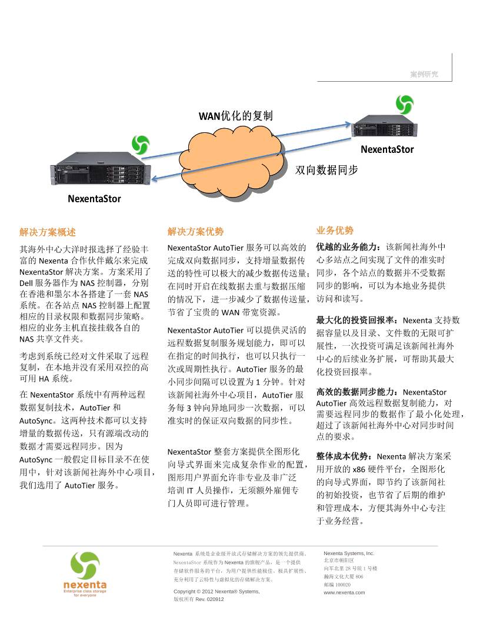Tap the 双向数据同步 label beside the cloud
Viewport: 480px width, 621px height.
(326, 170)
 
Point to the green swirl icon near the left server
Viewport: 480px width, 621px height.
(140, 144)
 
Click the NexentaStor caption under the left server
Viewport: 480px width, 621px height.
(94, 199)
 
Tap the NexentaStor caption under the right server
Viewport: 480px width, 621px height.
(387, 149)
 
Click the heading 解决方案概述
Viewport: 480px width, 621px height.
(48, 232)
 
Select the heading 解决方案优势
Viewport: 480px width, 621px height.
(195, 232)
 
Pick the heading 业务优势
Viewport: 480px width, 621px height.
(335, 230)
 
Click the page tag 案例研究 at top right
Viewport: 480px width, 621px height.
(424, 75)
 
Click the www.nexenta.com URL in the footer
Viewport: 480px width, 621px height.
(344, 592)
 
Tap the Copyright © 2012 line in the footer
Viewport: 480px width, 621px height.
(216, 591)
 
